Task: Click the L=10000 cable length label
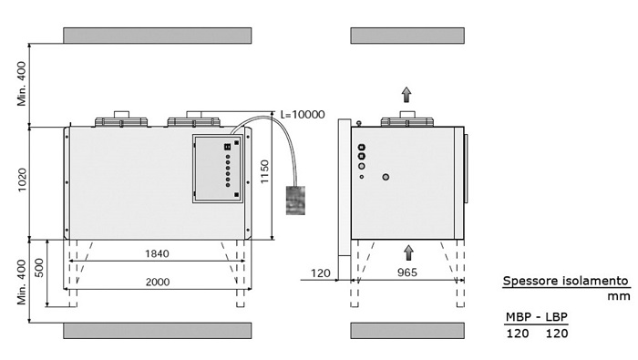point(303,114)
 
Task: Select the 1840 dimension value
point(157,254)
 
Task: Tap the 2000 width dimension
point(158,282)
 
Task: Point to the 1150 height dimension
point(264,171)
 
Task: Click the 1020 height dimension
point(22,180)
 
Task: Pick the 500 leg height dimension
point(39,268)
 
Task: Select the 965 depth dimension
point(406,273)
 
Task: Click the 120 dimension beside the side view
point(321,273)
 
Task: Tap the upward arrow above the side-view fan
point(406,95)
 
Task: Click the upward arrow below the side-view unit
point(408,252)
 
